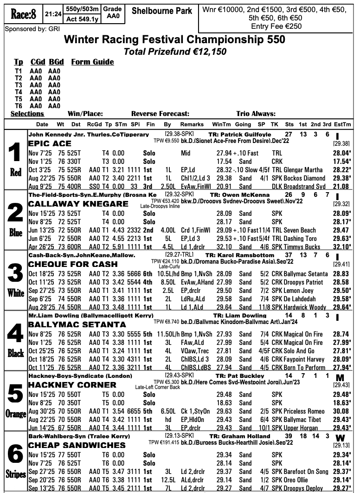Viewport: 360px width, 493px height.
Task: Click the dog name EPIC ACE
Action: [x=50, y=143]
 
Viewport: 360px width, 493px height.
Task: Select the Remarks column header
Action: [x=192, y=124]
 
